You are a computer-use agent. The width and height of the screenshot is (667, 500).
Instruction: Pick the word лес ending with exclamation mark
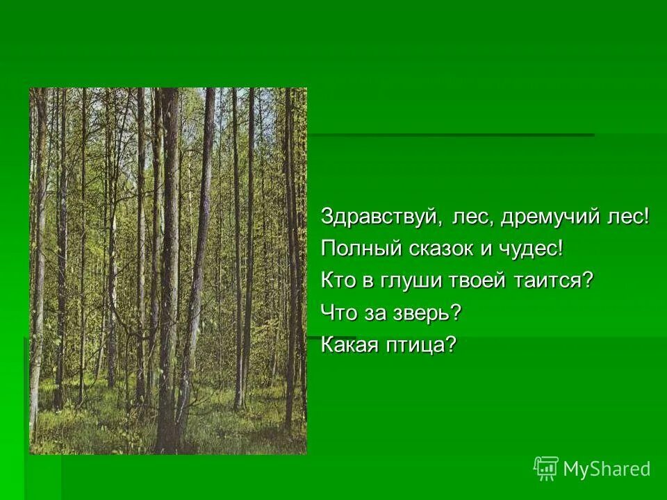point(627,217)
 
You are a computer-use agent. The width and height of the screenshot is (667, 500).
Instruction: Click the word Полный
point(357,249)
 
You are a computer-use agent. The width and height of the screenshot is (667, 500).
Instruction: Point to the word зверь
point(425,312)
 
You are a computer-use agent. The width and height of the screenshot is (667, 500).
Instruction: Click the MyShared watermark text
point(607,469)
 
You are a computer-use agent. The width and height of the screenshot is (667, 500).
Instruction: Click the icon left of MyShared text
point(546,469)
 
